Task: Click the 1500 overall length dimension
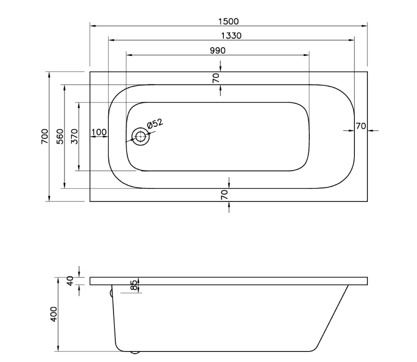[228, 21]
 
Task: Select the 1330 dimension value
[231, 36]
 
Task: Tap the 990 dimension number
[218, 51]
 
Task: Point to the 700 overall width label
[45, 137]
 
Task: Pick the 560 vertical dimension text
[60, 137]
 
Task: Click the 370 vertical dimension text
[74, 137]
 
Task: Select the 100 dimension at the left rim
[99, 132]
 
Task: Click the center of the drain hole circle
[140, 137]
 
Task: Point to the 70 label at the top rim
[216, 78]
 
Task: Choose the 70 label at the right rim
[361, 126]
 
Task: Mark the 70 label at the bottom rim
[224, 195]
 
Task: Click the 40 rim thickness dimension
[70, 281]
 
